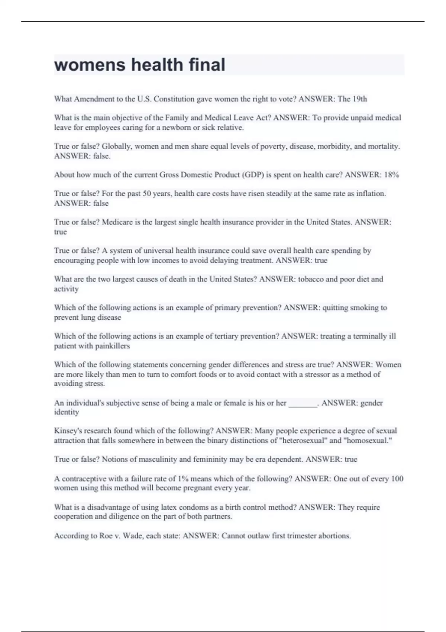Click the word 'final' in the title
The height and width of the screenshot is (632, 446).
coord(207,65)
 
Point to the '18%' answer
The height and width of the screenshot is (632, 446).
coord(392,175)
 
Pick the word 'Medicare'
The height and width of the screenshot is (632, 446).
coord(117,222)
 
